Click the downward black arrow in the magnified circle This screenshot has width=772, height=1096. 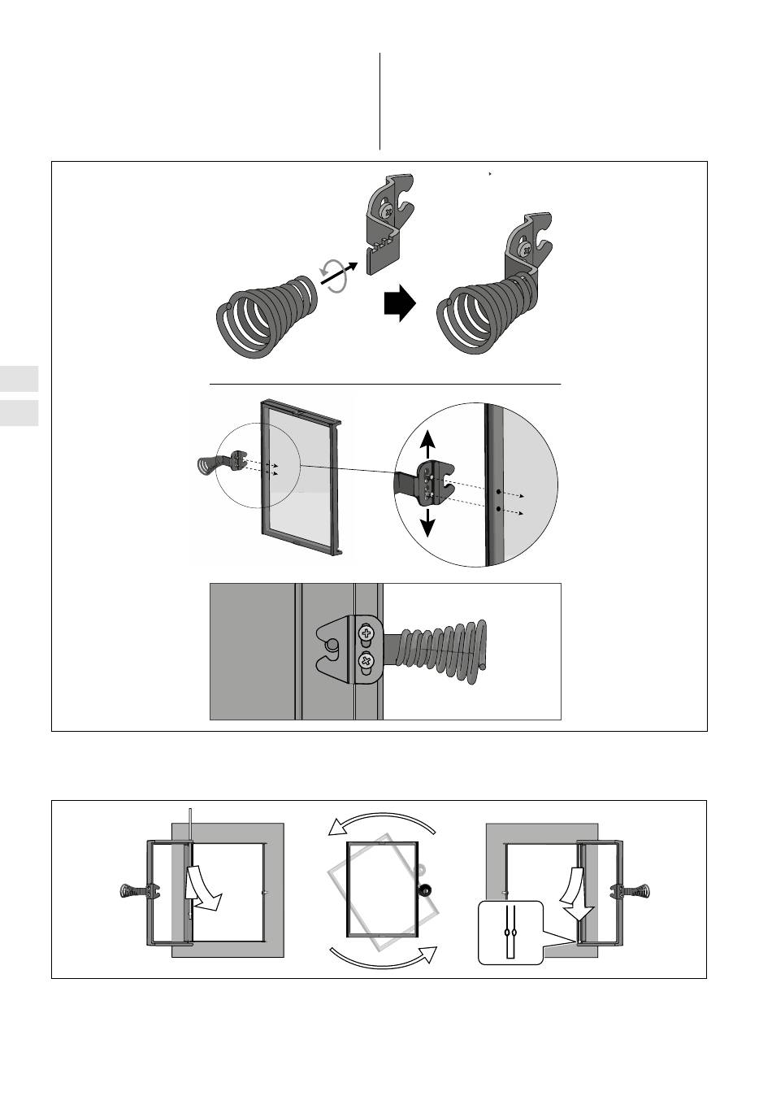pyautogui.click(x=428, y=524)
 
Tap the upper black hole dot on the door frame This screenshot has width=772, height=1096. pyautogui.click(x=497, y=492)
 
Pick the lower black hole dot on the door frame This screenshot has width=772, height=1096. pyautogui.click(x=497, y=510)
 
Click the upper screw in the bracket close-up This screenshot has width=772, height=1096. pyautogui.click(x=366, y=632)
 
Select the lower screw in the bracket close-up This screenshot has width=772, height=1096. pyautogui.click(x=366, y=661)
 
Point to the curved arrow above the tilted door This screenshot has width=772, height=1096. pyautogui.click(x=382, y=821)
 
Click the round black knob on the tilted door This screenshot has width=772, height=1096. pyautogui.click(x=423, y=889)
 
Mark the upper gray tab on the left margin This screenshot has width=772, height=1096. pyautogui.click(x=20, y=379)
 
